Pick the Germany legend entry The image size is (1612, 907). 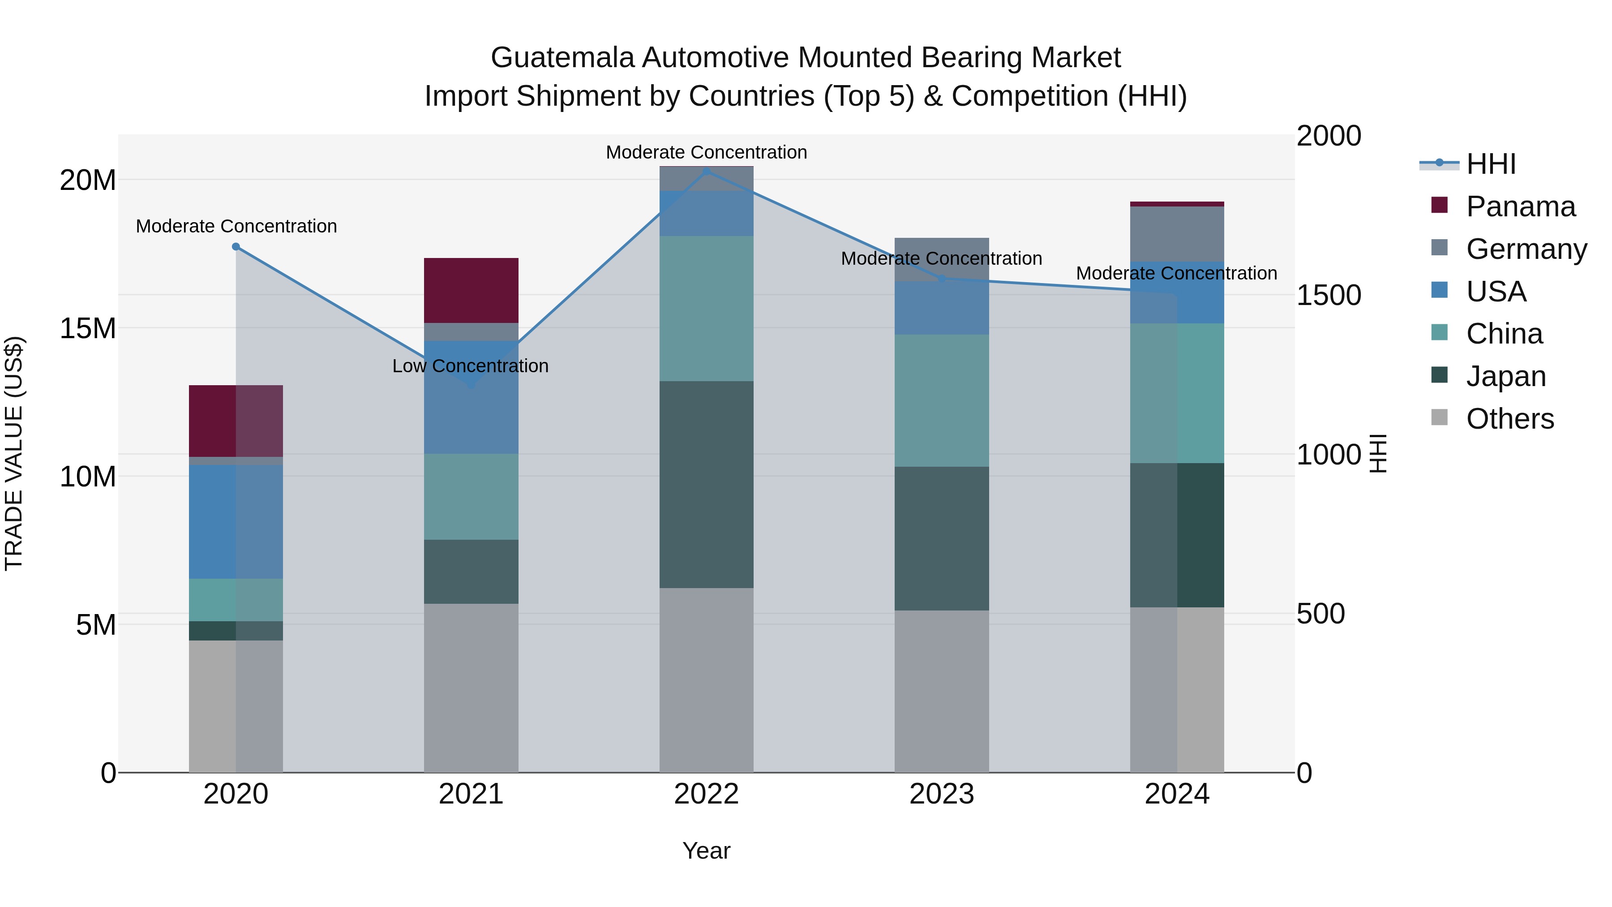[x=1526, y=249]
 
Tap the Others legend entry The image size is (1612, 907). [x=1509, y=419]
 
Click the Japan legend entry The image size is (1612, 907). [x=1505, y=376]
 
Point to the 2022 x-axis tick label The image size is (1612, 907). [x=707, y=794]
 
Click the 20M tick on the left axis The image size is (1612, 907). [x=88, y=180]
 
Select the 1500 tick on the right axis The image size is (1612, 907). [x=1328, y=296]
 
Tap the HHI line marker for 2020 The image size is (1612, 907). [x=236, y=247]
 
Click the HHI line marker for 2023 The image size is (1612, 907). [x=942, y=279]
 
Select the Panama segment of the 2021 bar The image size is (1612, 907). [x=471, y=290]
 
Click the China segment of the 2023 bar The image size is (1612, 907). [x=942, y=400]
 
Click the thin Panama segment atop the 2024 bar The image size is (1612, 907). [x=1177, y=204]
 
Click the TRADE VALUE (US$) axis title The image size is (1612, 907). [x=14, y=453]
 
